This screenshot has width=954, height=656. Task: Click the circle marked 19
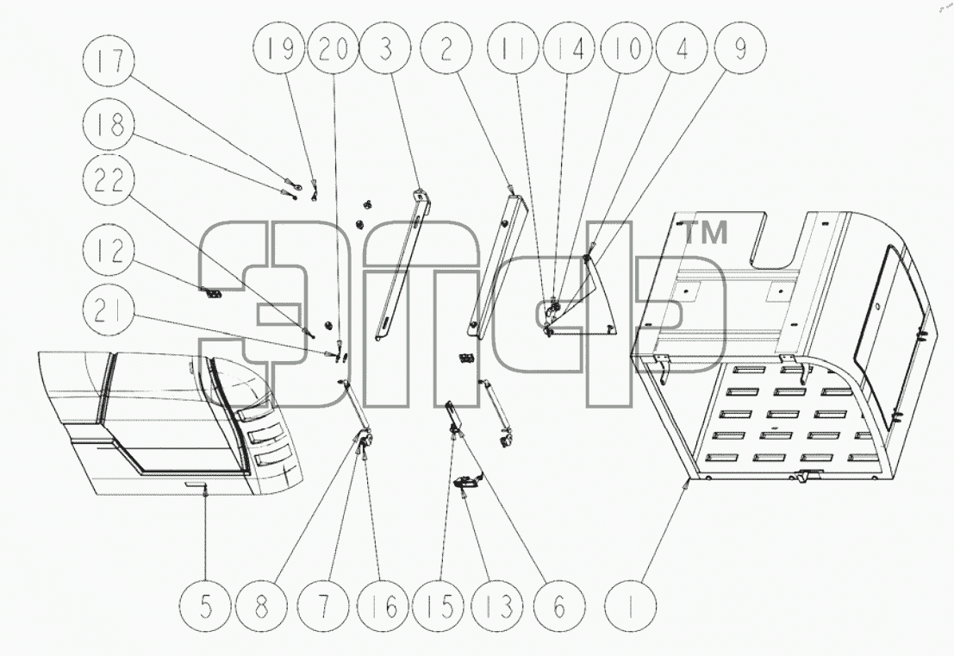280,48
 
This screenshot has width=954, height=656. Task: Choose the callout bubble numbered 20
333,48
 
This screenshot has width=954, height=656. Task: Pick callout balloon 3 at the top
385,48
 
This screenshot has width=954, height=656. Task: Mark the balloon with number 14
569,48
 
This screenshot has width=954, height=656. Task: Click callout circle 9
740,48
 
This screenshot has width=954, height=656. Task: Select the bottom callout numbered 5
206,606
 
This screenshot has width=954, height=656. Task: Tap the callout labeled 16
383,606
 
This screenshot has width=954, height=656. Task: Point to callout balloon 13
499,606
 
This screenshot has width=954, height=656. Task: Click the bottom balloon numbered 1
632,606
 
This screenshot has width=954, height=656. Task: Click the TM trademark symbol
706,233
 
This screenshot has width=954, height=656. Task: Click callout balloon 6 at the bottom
559,606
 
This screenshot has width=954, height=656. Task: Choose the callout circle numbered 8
262,606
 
